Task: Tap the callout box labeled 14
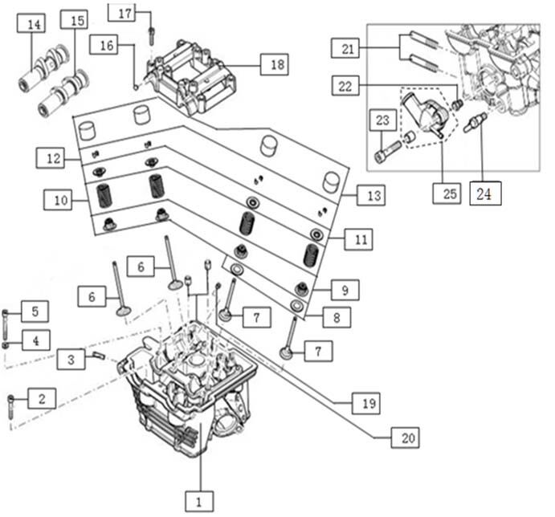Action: point(33,25)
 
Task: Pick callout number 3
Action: point(70,358)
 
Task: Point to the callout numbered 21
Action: point(347,49)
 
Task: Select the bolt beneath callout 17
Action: point(151,33)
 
